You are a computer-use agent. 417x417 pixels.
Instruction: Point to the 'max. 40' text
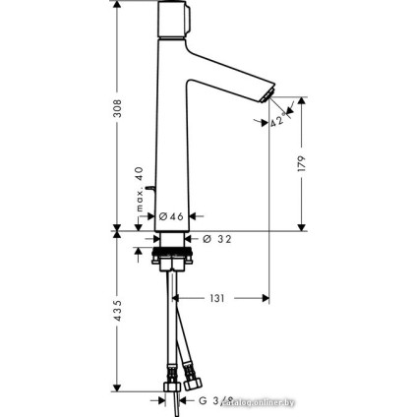tap(141, 189)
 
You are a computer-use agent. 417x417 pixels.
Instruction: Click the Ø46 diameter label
tap(171, 216)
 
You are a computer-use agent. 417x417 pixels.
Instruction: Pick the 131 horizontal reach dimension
tap(217, 297)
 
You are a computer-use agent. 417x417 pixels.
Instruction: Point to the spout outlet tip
tap(261, 92)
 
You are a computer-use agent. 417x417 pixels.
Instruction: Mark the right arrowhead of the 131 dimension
tap(267, 297)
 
